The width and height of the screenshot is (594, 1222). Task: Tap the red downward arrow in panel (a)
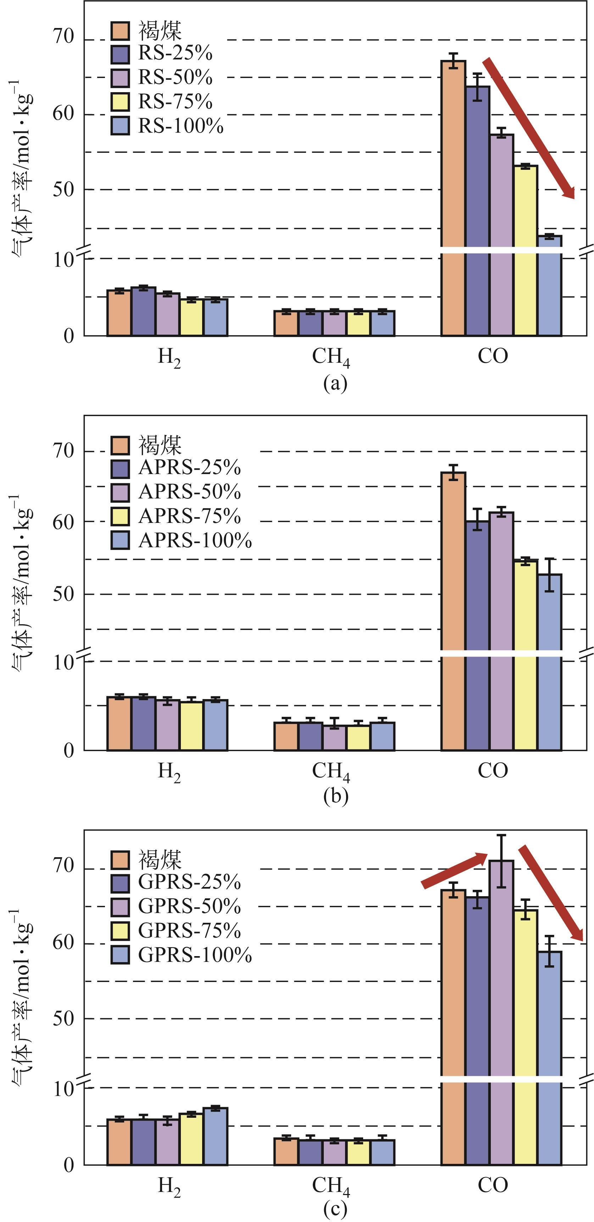click(529, 128)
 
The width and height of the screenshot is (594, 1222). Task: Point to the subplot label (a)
click(335, 383)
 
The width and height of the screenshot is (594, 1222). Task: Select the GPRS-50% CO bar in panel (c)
click(501, 1015)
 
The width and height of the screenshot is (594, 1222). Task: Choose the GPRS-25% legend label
click(189, 882)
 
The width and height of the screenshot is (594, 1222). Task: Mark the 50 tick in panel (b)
click(63, 594)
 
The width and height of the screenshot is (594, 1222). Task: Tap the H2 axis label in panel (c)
click(169, 1187)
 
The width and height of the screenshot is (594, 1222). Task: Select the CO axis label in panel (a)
click(493, 356)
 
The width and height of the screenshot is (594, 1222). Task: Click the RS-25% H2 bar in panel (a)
click(143, 312)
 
